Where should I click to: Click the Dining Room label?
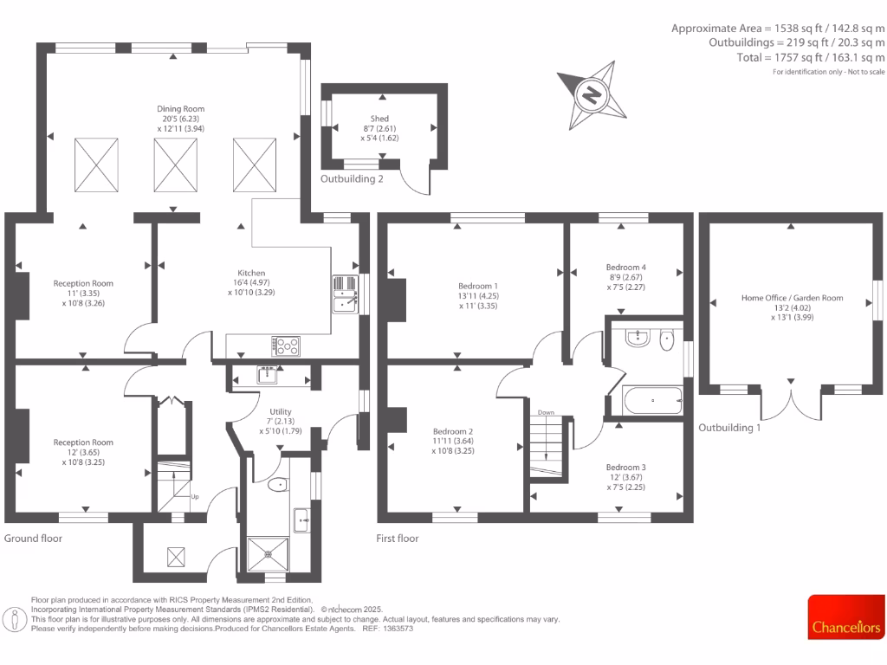point(180,108)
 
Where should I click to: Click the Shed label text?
point(379,119)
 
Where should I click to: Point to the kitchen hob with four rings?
point(287,345)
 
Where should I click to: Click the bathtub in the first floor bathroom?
point(652,401)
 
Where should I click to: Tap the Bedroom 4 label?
point(625,268)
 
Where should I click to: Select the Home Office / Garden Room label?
point(792,298)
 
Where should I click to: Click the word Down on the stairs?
point(546,413)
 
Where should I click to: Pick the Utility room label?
point(280,412)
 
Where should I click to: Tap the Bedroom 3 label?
point(625,468)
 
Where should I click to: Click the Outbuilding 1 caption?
point(729,428)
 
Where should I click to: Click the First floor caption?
point(398,539)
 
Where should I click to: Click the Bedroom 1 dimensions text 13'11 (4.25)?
point(478,295)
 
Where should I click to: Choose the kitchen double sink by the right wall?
point(345,294)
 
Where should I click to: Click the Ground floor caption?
point(33,539)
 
